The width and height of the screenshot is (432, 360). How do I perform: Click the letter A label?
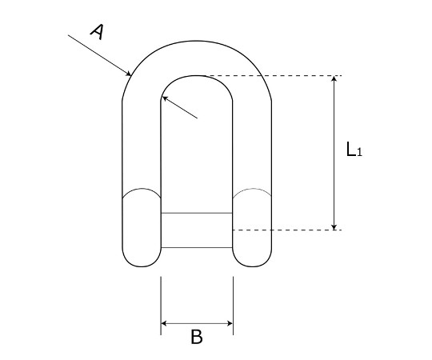point(97,32)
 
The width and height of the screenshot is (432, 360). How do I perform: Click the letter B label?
point(197,337)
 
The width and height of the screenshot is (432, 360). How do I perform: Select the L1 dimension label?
point(354,150)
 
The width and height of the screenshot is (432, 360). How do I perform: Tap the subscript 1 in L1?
point(359,152)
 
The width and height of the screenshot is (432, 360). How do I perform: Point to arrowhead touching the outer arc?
point(128,74)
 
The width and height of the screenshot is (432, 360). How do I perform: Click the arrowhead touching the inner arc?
point(165,98)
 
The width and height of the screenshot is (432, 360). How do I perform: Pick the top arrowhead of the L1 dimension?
point(334,79)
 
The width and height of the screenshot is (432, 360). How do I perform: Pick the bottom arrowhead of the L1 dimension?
point(334,226)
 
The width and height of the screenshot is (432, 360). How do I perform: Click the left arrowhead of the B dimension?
point(165,323)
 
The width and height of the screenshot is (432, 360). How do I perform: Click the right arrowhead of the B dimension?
point(230,323)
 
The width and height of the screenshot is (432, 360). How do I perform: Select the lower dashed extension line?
point(287,230)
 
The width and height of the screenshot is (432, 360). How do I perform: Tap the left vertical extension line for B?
point(161,306)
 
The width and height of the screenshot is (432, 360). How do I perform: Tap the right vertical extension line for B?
point(233,306)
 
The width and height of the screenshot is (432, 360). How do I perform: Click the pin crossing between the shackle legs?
point(197,230)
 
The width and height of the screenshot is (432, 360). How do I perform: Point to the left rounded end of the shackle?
point(142,227)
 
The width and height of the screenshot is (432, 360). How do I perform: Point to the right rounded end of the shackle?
point(252,227)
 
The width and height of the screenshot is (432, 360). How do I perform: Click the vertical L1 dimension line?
point(334,153)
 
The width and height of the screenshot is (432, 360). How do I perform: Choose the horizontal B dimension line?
point(197,323)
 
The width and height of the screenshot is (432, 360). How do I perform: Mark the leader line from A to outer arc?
point(99,55)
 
